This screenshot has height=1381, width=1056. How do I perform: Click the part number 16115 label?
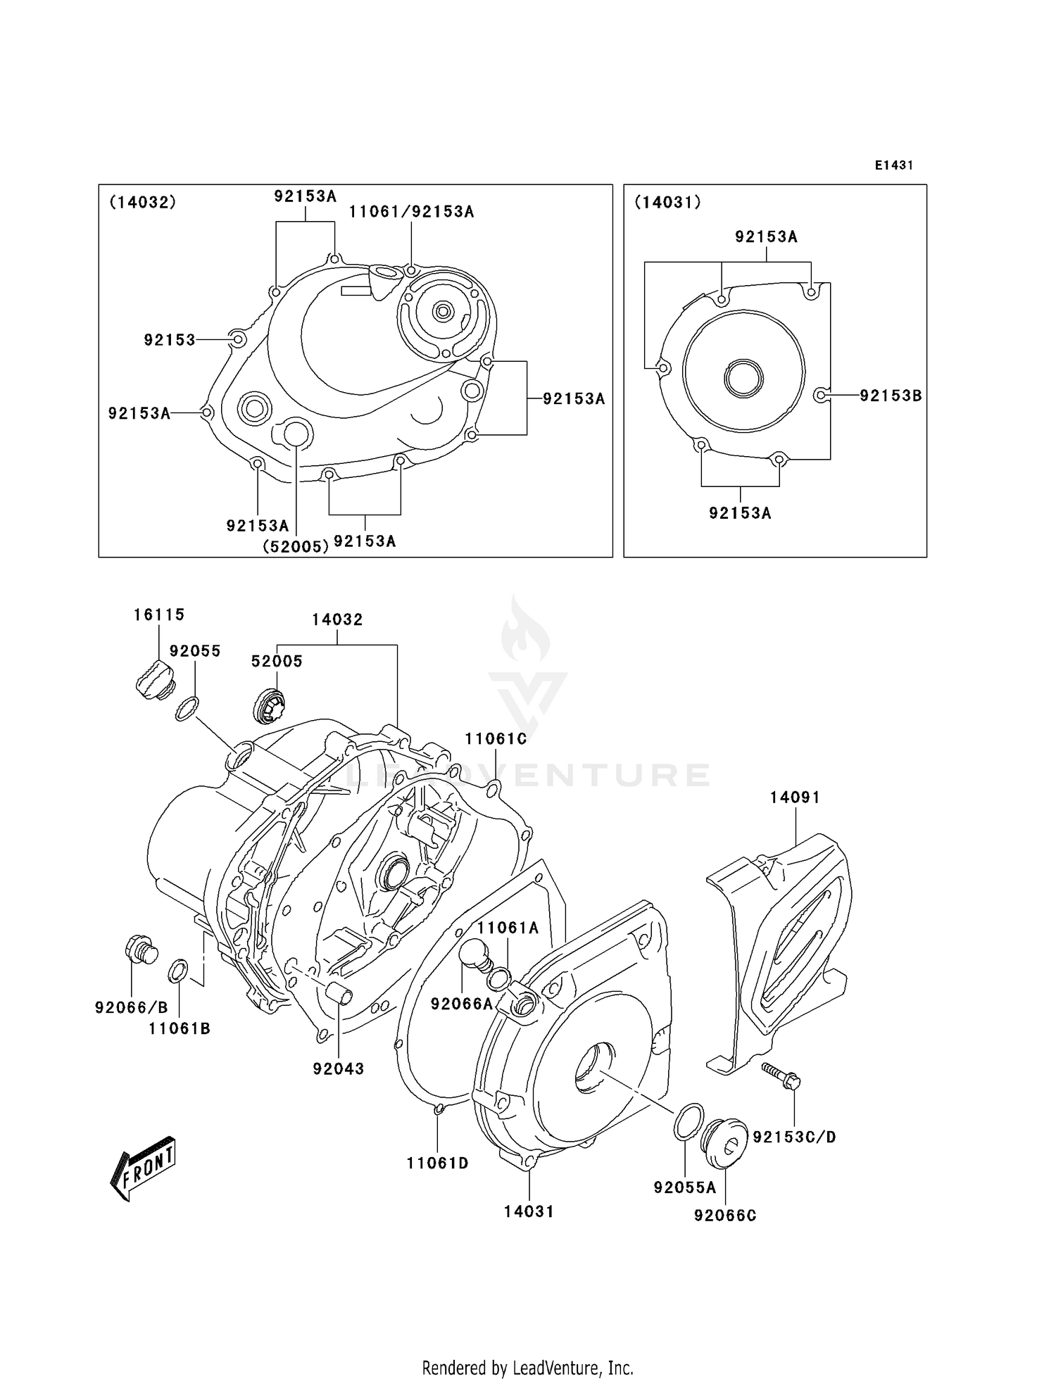click(159, 614)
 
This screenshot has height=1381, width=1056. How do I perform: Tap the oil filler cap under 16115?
click(153, 680)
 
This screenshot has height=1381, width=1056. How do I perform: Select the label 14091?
click(795, 797)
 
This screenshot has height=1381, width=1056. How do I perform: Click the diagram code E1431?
click(894, 165)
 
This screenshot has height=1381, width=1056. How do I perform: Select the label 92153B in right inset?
click(891, 396)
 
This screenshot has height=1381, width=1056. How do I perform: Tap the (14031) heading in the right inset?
click(667, 202)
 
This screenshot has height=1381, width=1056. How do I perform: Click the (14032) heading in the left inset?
click(142, 202)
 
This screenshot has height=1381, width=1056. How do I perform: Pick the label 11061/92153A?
click(411, 211)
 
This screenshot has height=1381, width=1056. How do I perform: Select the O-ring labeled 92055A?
click(688, 1121)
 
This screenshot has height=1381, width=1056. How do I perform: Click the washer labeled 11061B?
click(177, 971)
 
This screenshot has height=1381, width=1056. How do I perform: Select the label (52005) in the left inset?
click(296, 546)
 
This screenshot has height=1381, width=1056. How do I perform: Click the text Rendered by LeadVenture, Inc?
click(527, 1368)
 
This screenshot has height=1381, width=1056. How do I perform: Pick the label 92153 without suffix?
click(170, 340)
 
